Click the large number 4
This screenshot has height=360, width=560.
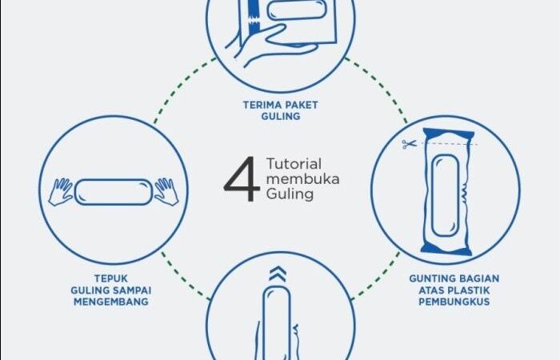242,179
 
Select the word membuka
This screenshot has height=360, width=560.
302,179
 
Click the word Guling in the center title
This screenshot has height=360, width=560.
290,194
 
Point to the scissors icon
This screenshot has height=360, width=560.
409,144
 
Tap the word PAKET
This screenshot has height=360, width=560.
302,105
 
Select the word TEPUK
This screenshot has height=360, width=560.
110,278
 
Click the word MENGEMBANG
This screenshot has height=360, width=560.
111,302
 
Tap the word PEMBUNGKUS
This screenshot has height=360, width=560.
454,302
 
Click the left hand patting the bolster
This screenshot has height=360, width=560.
61,191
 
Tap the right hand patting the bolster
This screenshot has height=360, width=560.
166,191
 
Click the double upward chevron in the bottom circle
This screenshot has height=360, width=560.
278,274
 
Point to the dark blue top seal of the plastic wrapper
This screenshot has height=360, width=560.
448,135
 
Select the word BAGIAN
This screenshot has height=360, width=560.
479,278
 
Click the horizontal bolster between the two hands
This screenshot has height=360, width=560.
114,192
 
